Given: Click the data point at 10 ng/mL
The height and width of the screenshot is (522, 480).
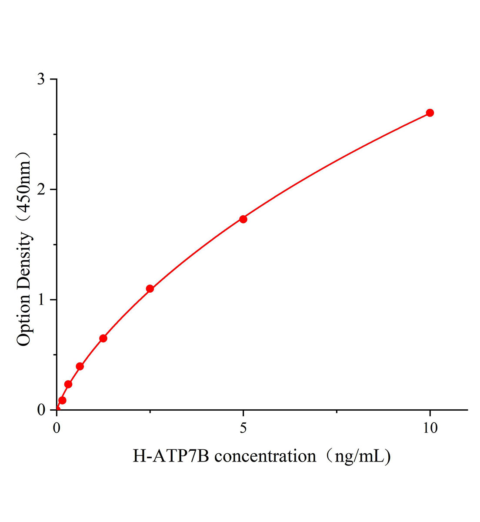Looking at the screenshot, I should click(430, 113).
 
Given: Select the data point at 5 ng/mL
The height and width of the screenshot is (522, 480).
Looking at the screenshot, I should click(243, 219).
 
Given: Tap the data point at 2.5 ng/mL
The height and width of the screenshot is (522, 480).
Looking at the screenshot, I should click(150, 288).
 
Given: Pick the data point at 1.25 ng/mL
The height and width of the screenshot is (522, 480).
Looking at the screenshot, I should click(103, 338).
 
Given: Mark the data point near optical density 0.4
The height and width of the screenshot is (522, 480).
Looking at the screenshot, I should click(80, 366).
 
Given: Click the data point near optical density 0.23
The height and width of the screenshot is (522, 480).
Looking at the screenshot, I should click(68, 384).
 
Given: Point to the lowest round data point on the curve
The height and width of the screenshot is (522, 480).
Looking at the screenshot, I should click(62, 400).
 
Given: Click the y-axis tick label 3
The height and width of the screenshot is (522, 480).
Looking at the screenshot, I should click(41, 79).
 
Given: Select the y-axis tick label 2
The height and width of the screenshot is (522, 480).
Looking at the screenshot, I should click(41, 190).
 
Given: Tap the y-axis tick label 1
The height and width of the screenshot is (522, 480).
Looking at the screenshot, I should click(41, 300).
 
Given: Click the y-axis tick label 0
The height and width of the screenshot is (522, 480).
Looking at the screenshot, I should click(41, 410).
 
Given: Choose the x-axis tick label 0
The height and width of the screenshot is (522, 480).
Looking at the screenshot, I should click(57, 428).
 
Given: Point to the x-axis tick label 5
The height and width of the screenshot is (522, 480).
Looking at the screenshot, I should click(243, 428).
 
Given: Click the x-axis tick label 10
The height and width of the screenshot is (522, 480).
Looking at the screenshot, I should click(430, 428).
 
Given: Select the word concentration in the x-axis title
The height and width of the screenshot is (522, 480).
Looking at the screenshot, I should click(265, 456).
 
